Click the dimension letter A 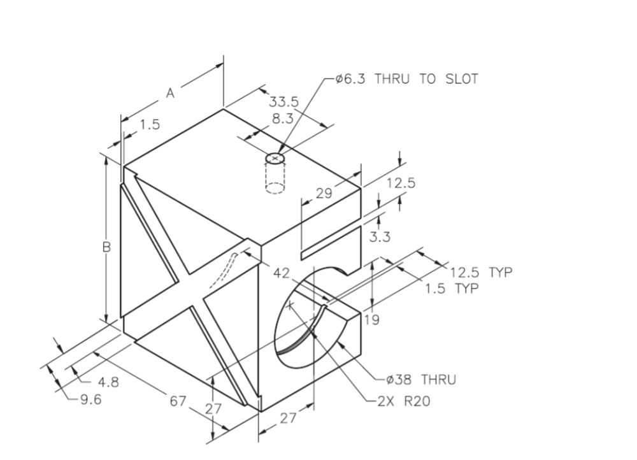pos(170,93)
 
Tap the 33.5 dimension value pos(283,103)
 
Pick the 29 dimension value pos(324,193)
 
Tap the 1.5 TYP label pos(453,288)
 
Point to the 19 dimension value pos(372,320)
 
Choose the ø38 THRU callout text pos(420,380)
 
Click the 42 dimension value pos(282,273)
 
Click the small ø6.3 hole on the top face pos(276,157)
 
